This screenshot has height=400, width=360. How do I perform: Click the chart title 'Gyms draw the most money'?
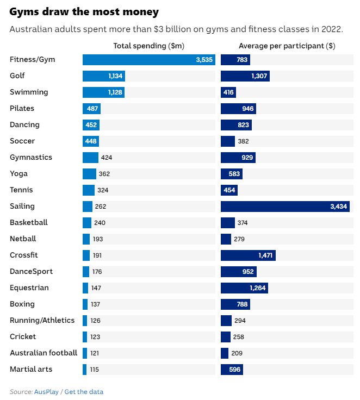pyautogui.click(x=84, y=12)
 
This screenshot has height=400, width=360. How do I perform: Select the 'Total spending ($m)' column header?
pyautogui.click(x=149, y=46)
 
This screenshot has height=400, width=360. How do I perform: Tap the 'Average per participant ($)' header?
pyautogui.click(x=287, y=46)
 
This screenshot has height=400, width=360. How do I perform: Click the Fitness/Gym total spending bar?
pyautogui.click(x=149, y=60)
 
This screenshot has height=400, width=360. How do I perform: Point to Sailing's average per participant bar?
pyautogui.click(x=285, y=207)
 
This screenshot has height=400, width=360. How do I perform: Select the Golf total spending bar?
pyautogui.click(x=104, y=76)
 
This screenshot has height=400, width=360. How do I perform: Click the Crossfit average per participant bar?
pyautogui.click(x=248, y=255)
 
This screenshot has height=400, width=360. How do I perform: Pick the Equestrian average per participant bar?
pyautogui.click(x=244, y=288)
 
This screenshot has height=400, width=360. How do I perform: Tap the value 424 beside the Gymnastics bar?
pyautogui.click(x=107, y=158)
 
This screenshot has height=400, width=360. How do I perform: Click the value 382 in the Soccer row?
pyautogui.click(x=243, y=141)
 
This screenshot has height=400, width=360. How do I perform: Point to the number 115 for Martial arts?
pyautogui.click(x=95, y=370)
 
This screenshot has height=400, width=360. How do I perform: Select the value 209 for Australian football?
pyautogui.click(x=237, y=353)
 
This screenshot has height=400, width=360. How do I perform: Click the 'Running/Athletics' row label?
pyautogui.click(x=42, y=321)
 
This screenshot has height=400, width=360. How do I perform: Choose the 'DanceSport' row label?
pyautogui.click(x=31, y=271)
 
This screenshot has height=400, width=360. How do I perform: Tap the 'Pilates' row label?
pyautogui.click(x=22, y=108)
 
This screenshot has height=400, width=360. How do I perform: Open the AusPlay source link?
pyautogui.click(x=46, y=392)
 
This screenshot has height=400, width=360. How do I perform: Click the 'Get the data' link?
pyautogui.click(x=84, y=392)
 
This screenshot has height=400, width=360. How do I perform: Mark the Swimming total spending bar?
pyautogui.click(x=104, y=92)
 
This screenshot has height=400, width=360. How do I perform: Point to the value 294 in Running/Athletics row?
pyautogui.click(x=240, y=321)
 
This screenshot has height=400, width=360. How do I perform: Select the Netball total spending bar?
pyautogui.click(x=86, y=239)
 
